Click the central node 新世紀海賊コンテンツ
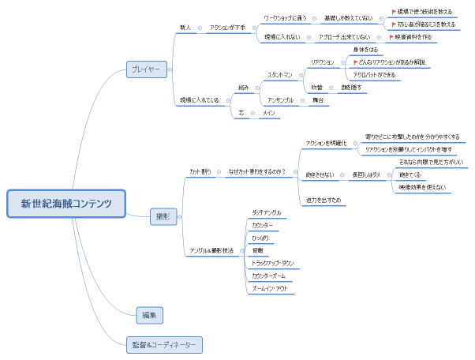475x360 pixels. point(66,203)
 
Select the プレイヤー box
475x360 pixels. point(145,69)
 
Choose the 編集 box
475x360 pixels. point(149,314)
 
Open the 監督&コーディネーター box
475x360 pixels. point(164,344)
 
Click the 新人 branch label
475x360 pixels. point(185,28)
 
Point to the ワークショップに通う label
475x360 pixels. point(285,17)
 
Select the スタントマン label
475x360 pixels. point(280,75)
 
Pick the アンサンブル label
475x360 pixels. point(280,100)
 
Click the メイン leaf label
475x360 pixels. point(268,114)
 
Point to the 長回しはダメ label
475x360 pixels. point(366,174)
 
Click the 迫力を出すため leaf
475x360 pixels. point(324,201)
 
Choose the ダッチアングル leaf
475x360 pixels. point(266,213)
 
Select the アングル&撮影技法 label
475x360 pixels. point(211,250)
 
